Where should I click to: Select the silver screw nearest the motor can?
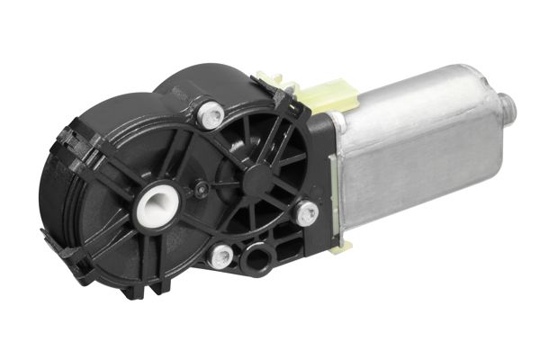(x=308, y=213)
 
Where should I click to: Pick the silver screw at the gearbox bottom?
(x=220, y=256)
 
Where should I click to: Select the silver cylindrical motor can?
(x=423, y=153)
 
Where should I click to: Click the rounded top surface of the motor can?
(x=423, y=99)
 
